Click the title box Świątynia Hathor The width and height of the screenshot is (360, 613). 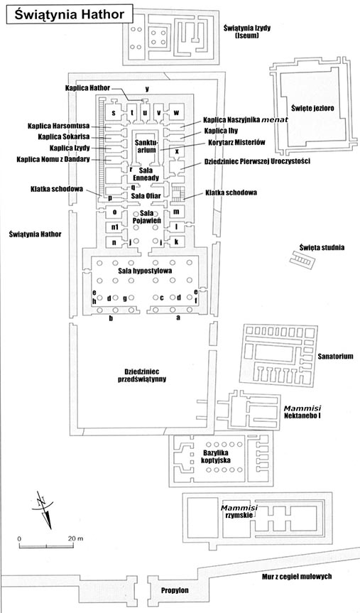click(x=70, y=14)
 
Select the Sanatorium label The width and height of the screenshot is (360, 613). click(x=335, y=356)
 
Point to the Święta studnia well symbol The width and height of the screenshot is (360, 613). click(x=302, y=259)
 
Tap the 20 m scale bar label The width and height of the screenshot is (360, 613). click(x=75, y=538)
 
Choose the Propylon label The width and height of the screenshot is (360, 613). click(x=175, y=590)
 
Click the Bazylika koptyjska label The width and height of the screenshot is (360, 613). click(x=216, y=457)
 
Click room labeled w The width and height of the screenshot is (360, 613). click(x=176, y=113)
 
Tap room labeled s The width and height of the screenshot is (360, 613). click(x=114, y=113)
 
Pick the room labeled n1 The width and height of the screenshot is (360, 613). click(x=114, y=227)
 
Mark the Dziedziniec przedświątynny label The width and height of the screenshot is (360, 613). click(x=141, y=374)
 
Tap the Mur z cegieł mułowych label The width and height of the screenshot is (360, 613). click(x=297, y=576)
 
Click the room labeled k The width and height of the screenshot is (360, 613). click(x=177, y=242)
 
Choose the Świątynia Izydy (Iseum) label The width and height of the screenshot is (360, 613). click(x=247, y=32)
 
